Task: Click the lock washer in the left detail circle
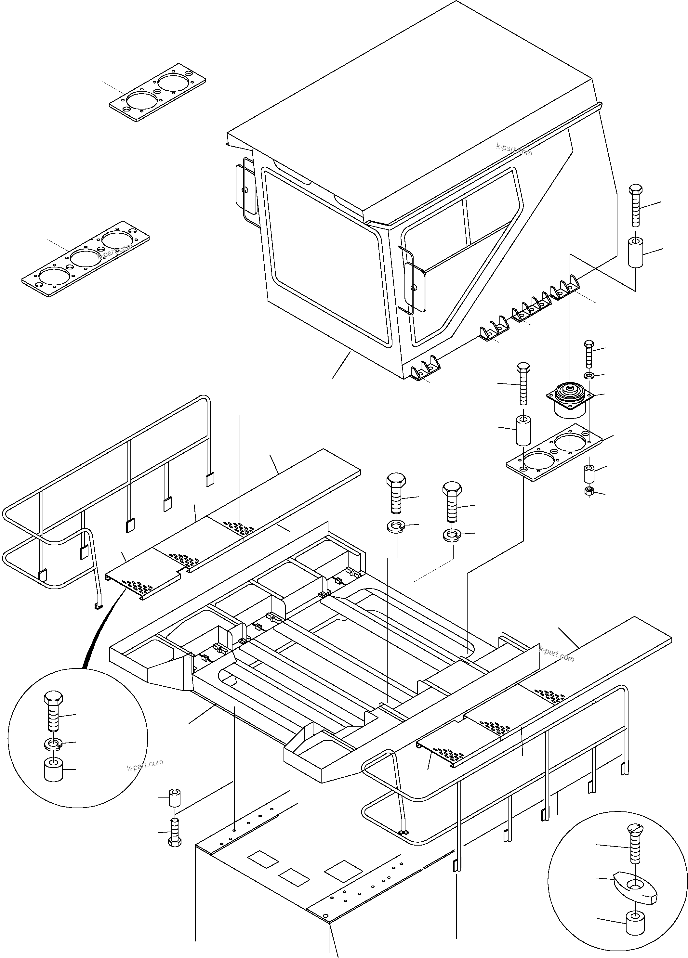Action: coord(53,745)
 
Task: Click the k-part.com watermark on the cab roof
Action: coord(514,149)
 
